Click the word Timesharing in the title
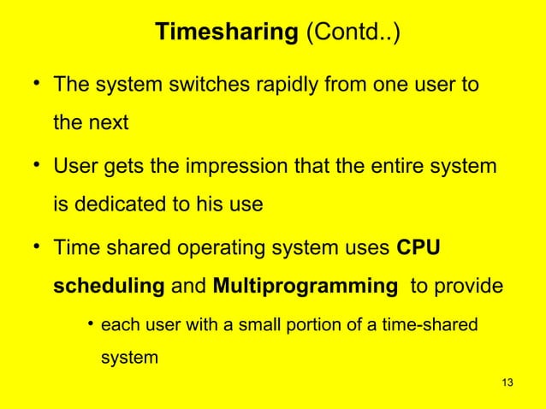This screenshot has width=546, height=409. pyautogui.click(x=224, y=33)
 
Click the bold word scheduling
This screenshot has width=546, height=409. pyautogui.click(x=110, y=286)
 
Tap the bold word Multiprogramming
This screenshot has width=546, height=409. pyautogui.click(x=299, y=286)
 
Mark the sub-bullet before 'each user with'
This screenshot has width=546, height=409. pyautogui.click(x=90, y=325)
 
